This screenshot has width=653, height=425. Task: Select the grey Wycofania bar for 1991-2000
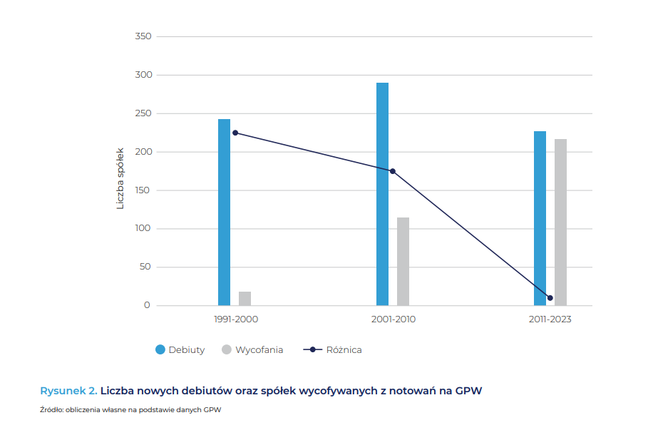click(x=245, y=299)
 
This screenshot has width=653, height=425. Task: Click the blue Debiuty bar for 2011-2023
click(x=540, y=218)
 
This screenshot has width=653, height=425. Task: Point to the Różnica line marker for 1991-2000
click(x=235, y=133)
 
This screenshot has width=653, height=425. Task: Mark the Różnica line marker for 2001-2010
click(x=392, y=171)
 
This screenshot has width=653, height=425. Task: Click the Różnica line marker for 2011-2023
click(x=550, y=298)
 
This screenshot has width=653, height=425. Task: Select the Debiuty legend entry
click(x=180, y=349)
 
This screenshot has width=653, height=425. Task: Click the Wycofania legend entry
click(x=252, y=349)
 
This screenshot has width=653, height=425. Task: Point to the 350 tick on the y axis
click(x=143, y=36)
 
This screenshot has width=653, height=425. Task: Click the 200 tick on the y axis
click(x=143, y=152)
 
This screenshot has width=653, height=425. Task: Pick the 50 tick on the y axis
click(x=145, y=267)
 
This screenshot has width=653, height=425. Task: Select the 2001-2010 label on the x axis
click(x=393, y=319)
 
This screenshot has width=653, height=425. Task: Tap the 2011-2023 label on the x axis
click(x=550, y=319)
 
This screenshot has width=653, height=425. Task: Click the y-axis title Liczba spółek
click(x=120, y=178)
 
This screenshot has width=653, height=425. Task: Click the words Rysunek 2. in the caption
click(x=68, y=390)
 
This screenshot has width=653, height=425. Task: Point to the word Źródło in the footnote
click(x=51, y=410)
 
